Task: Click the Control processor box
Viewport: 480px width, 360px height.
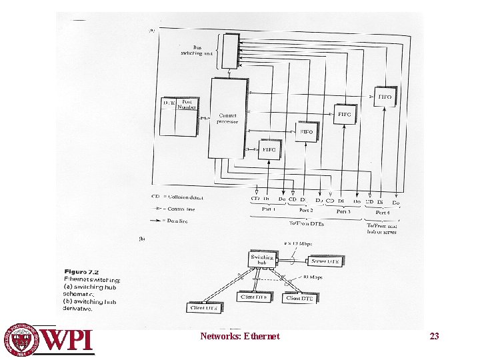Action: (227, 117)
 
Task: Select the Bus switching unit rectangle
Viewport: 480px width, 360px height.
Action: (229, 50)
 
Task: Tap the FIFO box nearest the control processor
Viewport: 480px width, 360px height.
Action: (269, 149)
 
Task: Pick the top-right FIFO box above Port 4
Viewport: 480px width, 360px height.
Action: (385, 97)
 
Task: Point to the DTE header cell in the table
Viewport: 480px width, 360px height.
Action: (169, 103)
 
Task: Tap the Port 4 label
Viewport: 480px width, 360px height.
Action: (383, 212)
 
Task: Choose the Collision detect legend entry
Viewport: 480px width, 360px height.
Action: (177, 197)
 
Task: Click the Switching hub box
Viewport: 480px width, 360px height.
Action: (259, 260)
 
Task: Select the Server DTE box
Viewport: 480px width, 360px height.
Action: (325, 262)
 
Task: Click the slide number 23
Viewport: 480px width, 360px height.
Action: (434, 336)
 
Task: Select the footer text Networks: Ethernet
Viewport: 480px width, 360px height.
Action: (240, 336)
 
